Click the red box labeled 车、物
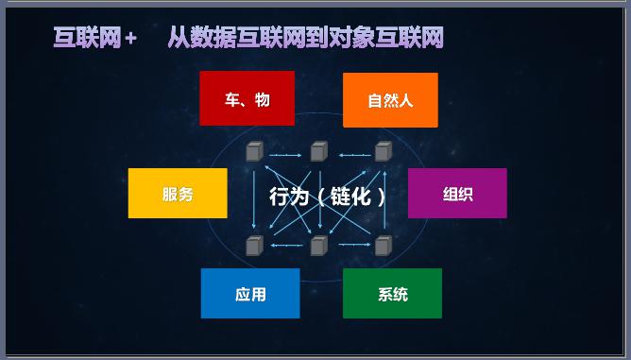(247, 99)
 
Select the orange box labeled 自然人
(390, 99)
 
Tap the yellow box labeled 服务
(178, 194)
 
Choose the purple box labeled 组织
(457, 194)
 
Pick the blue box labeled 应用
(250, 294)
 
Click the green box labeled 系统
(392, 294)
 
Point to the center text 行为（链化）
(327, 197)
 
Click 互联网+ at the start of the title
(94, 38)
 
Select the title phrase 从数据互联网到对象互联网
(305, 38)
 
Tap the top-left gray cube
(253, 151)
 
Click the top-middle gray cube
(318, 151)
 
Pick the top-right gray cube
(383, 151)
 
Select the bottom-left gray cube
(253, 246)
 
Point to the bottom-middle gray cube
(318, 246)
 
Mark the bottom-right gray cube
(383, 246)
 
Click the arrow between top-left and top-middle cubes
(285, 153)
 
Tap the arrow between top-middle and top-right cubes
(350, 153)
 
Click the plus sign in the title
(130, 39)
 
